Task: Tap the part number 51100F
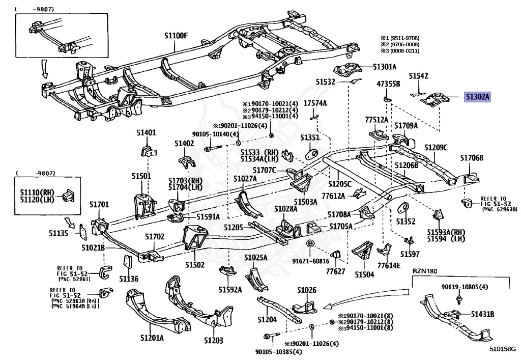pyautogui.click(x=176, y=36)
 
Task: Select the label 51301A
pyautogui.click(x=385, y=67)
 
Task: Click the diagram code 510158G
pyautogui.click(x=503, y=349)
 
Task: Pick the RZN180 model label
pyautogui.click(x=425, y=271)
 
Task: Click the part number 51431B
pyautogui.click(x=483, y=314)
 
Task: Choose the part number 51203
pyautogui.click(x=214, y=340)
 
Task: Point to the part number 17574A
pyautogui.click(x=315, y=103)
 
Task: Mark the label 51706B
pyautogui.click(x=472, y=158)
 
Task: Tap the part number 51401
pyautogui.click(x=146, y=133)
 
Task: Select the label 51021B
pyautogui.click(x=93, y=247)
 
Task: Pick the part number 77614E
pyautogui.click(x=389, y=265)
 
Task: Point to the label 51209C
pyautogui.click(x=436, y=148)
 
